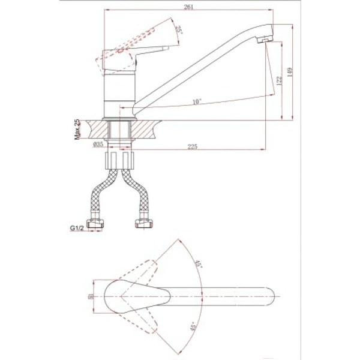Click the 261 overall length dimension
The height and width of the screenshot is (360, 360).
coord(185,6)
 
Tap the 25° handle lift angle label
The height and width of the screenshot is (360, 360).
coord(178,30)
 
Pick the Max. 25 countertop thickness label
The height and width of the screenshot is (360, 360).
coord(77,130)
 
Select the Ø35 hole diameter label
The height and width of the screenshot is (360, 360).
coord(99,145)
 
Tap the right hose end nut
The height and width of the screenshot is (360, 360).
coord(143,225)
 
